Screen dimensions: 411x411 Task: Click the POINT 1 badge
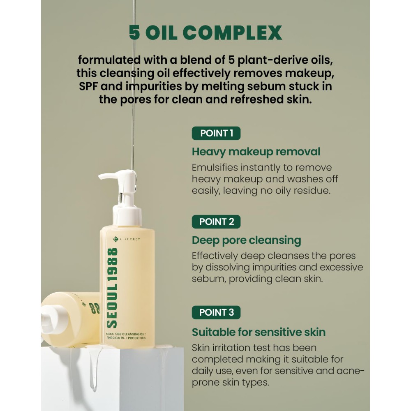click(216, 133)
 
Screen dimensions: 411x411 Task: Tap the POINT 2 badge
click(216, 222)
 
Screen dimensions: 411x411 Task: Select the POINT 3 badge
click(216, 312)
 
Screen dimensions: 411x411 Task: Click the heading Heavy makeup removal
click(256, 152)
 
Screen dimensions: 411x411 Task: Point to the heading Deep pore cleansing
click(246, 240)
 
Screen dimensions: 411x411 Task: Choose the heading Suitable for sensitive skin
click(259, 332)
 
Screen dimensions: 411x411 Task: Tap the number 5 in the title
click(134, 33)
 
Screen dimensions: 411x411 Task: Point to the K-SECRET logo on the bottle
click(127, 239)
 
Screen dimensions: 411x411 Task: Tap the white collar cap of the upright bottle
click(127, 215)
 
